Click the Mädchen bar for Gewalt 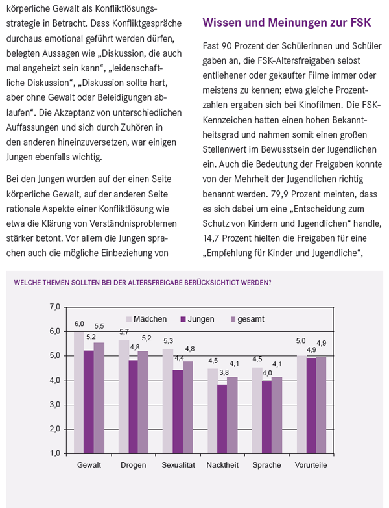coord(79,392)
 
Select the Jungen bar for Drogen coord(133,407)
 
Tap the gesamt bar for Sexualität coord(188,407)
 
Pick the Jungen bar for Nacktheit coord(222,419)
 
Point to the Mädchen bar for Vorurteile coord(301,405)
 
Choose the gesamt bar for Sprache coord(277,415)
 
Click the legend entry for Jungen coord(197,319)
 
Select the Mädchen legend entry coord(147,319)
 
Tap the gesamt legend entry coord(248,319)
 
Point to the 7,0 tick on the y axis coord(55,307)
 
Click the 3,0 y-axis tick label coord(55,405)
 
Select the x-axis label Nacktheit coord(222,465)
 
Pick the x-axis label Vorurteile coord(311,465)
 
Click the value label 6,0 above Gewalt coord(79,324)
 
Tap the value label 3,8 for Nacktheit coord(224,373)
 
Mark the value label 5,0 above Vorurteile coord(301,341)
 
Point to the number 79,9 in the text coord(279,194)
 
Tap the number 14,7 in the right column coord(211,238)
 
